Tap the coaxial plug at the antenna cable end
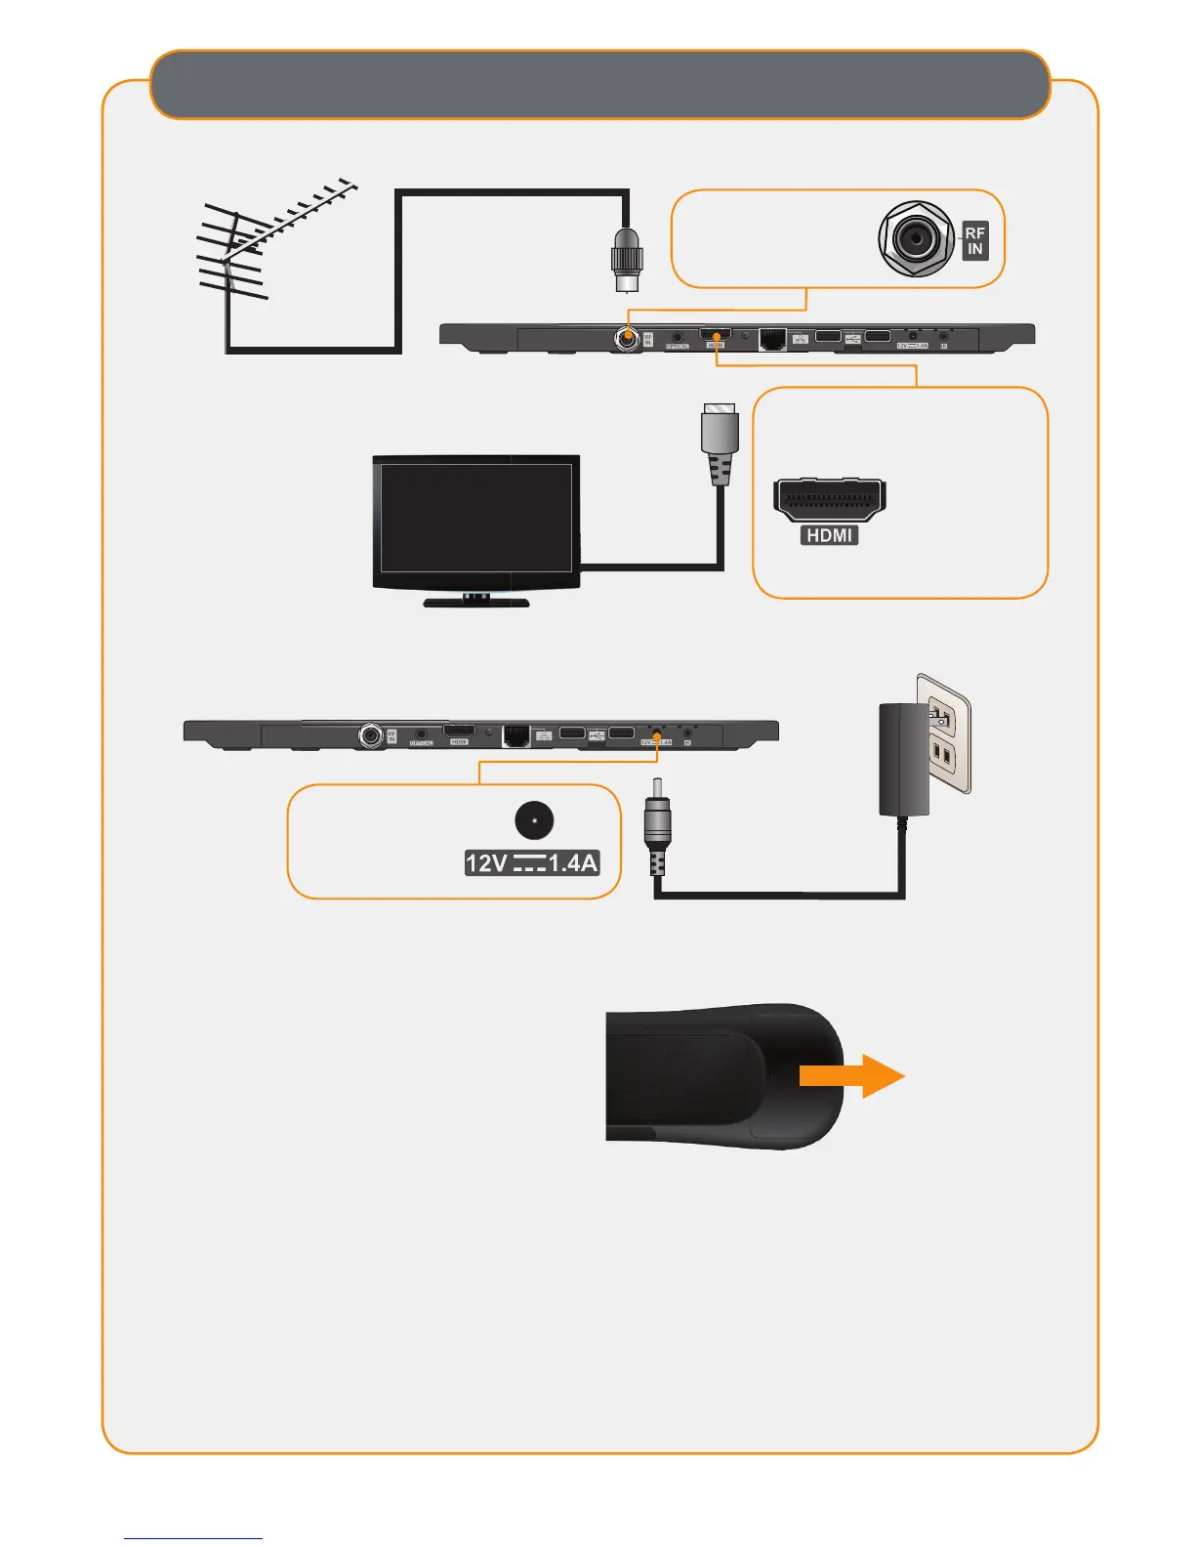point(626,259)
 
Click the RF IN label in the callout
point(974,240)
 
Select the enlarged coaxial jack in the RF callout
point(916,238)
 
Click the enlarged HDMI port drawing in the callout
point(829,499)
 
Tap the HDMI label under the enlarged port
point(830,535)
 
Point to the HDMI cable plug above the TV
point(720,443)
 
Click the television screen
point(475,517)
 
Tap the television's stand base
point(476,602)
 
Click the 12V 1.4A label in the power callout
point(531,863)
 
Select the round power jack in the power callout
point(534,821)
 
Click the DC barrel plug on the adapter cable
point(657,820)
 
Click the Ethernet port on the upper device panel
point(772,339)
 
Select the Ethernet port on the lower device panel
point(515,734)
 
